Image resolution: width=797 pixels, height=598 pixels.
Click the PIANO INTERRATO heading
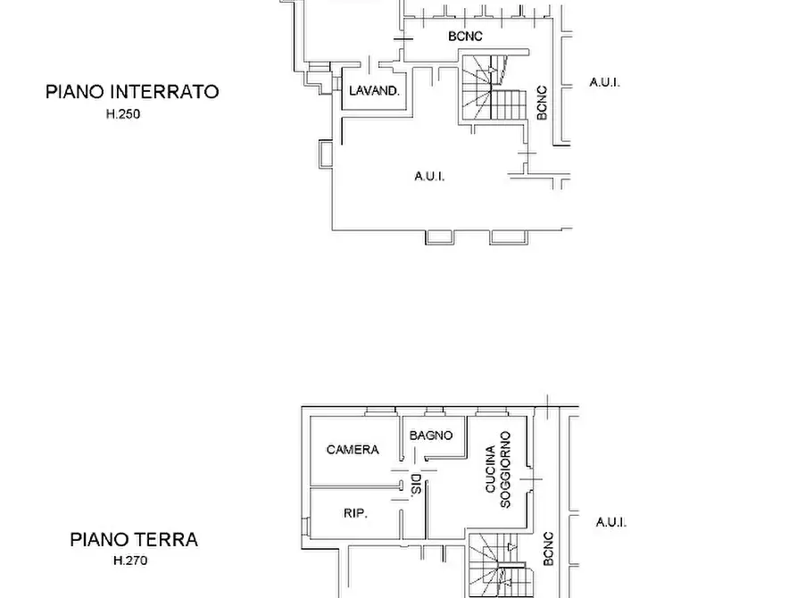132,91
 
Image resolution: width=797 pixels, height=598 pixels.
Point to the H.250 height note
123,114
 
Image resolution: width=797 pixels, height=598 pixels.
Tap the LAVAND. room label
374,91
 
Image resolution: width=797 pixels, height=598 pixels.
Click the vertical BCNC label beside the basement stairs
542,103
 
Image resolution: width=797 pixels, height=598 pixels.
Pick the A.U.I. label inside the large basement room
429,176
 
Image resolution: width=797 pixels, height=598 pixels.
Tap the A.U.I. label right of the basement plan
604,82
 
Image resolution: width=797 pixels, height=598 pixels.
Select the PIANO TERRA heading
134,539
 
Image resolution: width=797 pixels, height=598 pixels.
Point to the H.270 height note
130,561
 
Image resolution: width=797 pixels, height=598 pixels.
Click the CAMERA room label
353,450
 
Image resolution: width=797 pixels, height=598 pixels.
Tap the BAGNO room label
431,436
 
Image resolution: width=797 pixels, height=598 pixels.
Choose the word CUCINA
490,470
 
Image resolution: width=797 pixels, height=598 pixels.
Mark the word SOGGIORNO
505,470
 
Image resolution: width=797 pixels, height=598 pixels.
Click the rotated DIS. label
415,486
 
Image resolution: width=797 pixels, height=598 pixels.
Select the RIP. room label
356,513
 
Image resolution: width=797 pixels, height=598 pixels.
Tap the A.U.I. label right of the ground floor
611,522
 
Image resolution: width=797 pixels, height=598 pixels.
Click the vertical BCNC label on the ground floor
548,548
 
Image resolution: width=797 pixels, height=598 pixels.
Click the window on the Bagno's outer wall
435,411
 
